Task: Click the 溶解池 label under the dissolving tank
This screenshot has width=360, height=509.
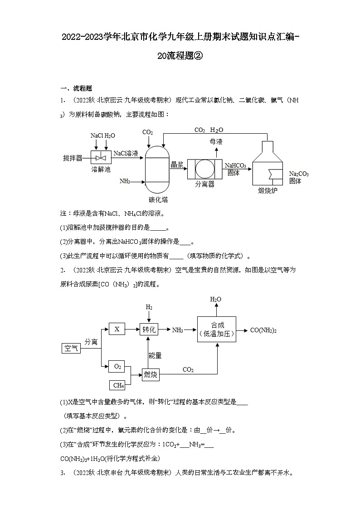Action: point(101,169)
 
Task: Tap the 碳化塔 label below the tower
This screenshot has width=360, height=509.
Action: point(158,199)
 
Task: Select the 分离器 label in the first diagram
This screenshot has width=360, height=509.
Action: point(204,184)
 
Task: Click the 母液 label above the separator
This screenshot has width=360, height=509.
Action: point(216,142)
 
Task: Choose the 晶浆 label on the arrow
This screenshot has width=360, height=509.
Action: point(177,165)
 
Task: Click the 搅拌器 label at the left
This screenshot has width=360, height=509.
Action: point(73,158)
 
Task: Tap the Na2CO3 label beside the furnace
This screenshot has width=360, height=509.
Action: point(299,174)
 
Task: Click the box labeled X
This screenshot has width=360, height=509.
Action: point(117,330)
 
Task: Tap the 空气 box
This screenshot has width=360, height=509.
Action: point(71,348)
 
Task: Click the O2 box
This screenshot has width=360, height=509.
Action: point(117,366)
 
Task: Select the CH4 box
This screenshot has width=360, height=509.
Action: point(118,385)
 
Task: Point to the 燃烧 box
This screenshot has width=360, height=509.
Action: point(150,374)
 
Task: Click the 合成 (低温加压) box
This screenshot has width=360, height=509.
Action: point(216,329)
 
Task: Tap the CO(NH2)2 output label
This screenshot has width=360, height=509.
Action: point(263,330)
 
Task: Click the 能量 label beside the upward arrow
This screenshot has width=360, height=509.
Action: point(155,355)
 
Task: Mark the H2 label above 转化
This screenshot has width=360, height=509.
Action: point(149,307)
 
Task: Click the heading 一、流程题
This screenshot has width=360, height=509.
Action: point(76,88)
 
